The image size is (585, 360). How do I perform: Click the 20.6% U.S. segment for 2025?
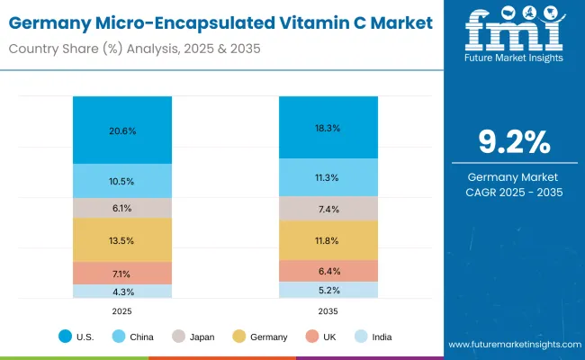[x=122, y=130]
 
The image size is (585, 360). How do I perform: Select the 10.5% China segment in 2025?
[x=122, y=181]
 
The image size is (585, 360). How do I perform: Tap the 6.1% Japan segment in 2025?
[x=122, y=208]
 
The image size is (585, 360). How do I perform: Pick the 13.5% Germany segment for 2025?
[x=122, y=239]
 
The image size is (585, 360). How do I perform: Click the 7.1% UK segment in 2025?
[x=122, y=273]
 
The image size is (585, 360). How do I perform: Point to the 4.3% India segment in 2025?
[x=122, y=292]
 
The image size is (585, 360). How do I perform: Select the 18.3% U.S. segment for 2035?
[x=328, y=128]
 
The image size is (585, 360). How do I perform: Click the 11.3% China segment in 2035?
[x=328, y=177]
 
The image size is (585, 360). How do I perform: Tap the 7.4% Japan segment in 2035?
[x=328, y=209]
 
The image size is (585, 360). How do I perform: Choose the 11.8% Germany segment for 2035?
[x=328, y=240]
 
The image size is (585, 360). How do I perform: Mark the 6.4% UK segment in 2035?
[x=328, y=271]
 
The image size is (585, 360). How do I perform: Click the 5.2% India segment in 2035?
[x=328, y=290]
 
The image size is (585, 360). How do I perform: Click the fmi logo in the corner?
[x=515, y=34]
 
